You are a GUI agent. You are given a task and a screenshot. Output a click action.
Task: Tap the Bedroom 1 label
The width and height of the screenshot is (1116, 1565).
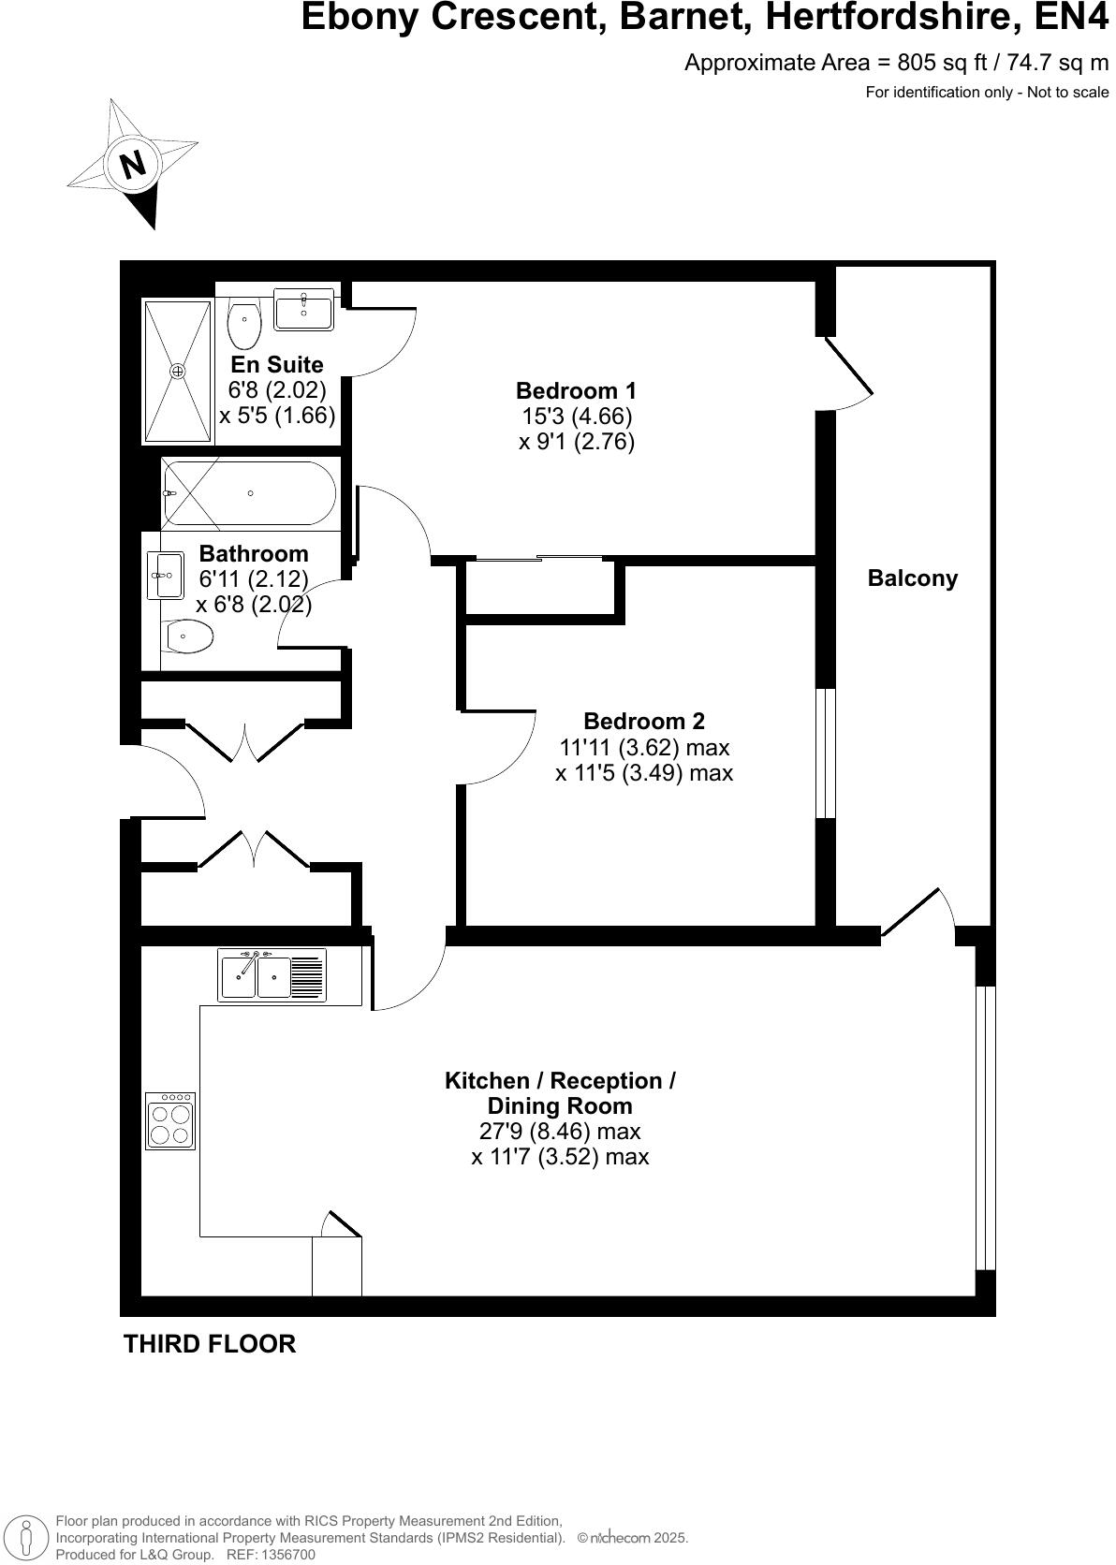(576, 390)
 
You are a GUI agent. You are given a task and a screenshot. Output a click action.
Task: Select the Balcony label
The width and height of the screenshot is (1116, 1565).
(912, 578)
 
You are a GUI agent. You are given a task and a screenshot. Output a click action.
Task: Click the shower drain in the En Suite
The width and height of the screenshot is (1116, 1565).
(178, 372)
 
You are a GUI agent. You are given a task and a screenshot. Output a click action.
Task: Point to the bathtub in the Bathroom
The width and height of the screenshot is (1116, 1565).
(249, 493)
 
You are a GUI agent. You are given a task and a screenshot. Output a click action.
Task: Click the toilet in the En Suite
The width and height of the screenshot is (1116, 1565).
(244, 324)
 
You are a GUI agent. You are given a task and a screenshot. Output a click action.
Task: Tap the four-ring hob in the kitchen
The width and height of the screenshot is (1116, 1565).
(170, 1121)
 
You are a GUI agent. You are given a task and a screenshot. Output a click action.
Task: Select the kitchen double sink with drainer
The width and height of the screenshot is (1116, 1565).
(272, 975)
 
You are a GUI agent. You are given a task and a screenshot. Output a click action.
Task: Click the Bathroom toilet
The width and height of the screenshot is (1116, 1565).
(188, 638)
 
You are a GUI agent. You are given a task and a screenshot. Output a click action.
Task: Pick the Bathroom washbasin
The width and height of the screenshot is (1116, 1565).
(166, 575)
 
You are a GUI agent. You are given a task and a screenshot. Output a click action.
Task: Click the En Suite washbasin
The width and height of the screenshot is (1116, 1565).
(303, 308)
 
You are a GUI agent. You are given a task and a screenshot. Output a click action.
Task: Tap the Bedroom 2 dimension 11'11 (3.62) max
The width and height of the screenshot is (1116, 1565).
(643, 748)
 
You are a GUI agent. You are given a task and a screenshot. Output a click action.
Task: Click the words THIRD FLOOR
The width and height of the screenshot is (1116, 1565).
(210, 1344)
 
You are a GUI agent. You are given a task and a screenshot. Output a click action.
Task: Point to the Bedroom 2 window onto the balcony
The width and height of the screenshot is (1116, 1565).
(825, 753)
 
